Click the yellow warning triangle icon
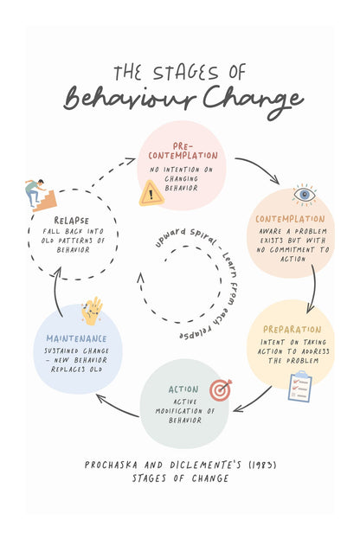151,194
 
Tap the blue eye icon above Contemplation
305,195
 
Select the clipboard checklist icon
300,387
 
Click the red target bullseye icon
221,389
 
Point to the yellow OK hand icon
92,312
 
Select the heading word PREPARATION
292,330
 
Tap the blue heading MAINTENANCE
76,339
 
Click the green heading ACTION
183,389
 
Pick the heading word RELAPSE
72,221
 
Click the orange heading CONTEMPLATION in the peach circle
290,219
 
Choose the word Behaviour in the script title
130,99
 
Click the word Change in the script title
254,101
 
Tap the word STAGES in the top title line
186,73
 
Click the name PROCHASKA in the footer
111,466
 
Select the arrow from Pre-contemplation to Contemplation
261,165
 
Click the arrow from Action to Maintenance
117,407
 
